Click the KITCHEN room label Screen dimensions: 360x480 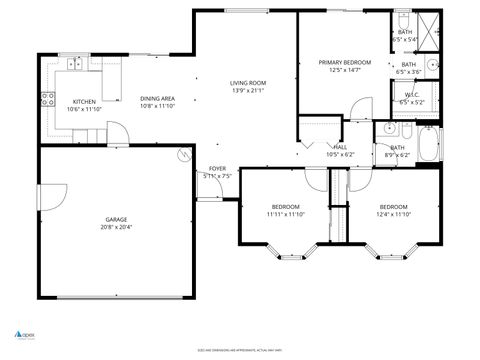coord(84,101)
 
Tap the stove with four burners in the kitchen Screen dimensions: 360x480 coord(46,98)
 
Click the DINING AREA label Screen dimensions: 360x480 coord(157,98)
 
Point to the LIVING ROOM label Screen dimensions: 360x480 coord(247,83)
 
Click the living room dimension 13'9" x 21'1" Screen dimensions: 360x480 coord(247,91)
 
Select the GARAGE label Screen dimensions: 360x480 coord(116,219)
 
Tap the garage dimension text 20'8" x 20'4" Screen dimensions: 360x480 coord(116,227)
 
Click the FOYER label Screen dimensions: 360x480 coord(217,168)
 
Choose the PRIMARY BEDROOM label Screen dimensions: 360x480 coord(344,62)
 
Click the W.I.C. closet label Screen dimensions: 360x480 coord(411,96)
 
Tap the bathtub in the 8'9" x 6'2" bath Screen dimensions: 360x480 coord(428,148)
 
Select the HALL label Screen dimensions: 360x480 coord(340,146)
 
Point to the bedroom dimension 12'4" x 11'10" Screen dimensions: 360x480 coord(393,214)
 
